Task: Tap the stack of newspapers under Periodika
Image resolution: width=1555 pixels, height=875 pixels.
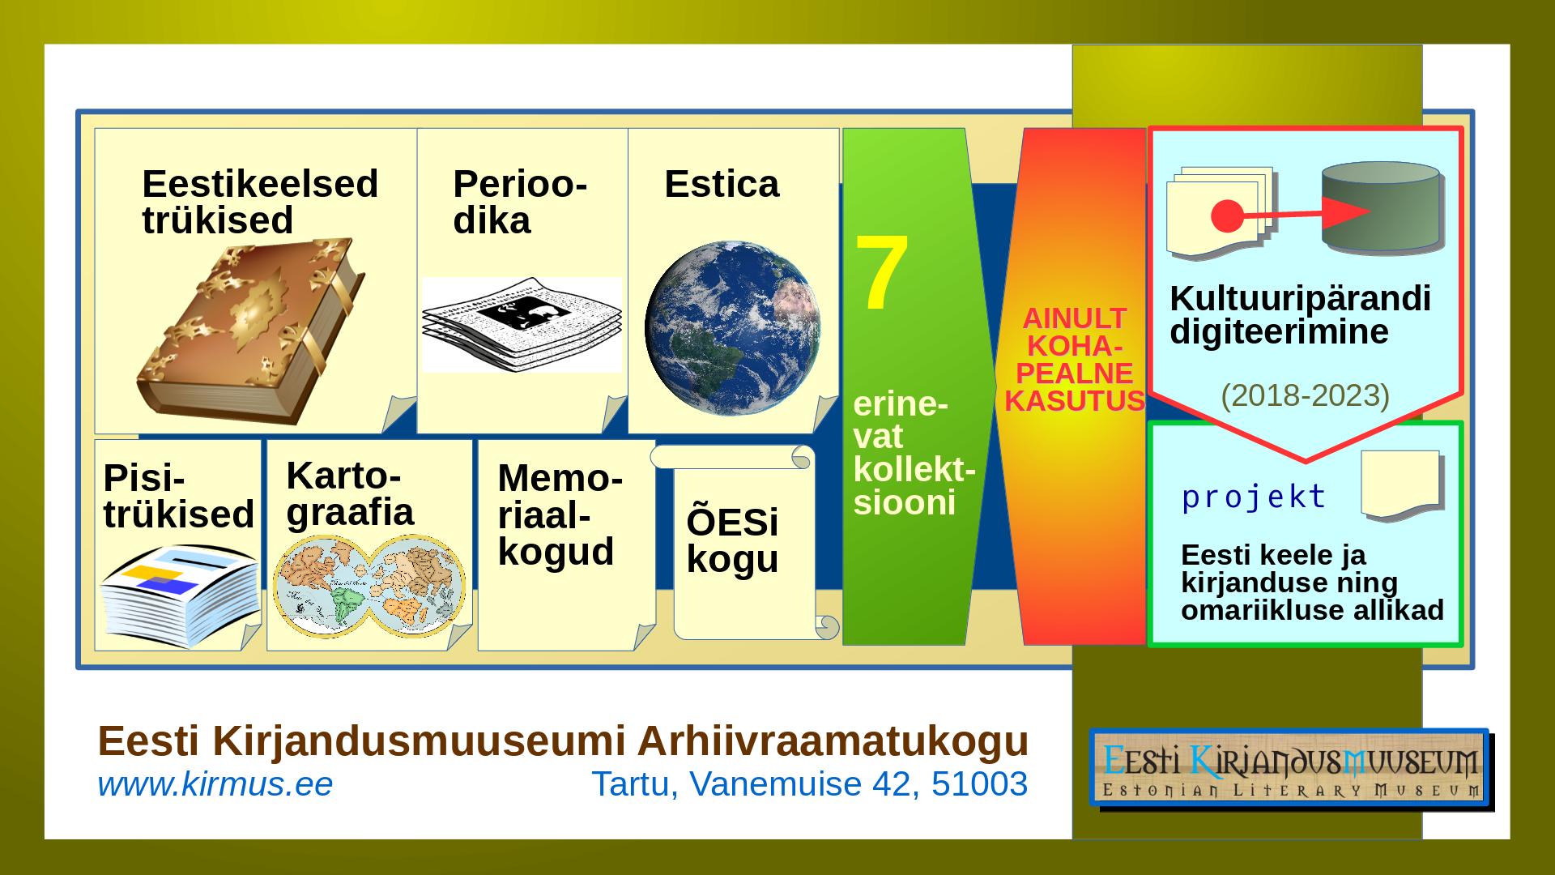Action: pyautogui.click(x=522, y=324)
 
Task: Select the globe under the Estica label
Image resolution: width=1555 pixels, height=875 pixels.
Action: pyautogui.click(x=733, y=328)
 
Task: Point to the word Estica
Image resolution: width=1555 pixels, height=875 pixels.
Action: pyautogui.click(x=722, y=184)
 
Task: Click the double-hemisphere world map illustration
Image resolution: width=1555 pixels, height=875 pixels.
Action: pyautogui.click(x=369, y=586)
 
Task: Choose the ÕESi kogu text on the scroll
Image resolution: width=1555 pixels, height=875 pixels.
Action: pyautogui.click(x=732, y=540)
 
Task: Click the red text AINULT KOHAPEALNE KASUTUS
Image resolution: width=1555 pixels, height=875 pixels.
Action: pyautogui.click(x=1075, y=360)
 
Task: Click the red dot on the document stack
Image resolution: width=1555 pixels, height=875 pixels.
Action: pyautogui.click(x=1226, y=216)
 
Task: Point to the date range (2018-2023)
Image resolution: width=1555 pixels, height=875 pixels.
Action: pyautogui.click(x=1305, y=395)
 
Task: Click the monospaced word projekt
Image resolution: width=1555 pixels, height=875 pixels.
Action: pyautogui.click(x=1254, y=497)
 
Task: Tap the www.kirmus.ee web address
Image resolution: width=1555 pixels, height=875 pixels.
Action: pyautogui.click(x=215, y=784)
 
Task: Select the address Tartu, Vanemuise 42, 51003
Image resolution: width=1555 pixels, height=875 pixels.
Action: pyautogui.click(x=810, y=784)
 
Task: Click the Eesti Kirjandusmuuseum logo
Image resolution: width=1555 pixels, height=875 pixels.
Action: pyautogui.click(x=1290, y=768)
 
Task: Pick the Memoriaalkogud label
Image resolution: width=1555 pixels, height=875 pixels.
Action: pyautogui.click(x=560, y=514)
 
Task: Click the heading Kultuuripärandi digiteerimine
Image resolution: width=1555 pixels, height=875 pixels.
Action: pyautogui.click(x=1300, y=315)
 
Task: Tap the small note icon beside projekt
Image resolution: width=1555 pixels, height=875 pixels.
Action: pyautogui.click(x=1401, y=484)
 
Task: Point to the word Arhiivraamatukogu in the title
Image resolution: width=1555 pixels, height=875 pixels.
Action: pyautogui.click(x=833, y=741)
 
